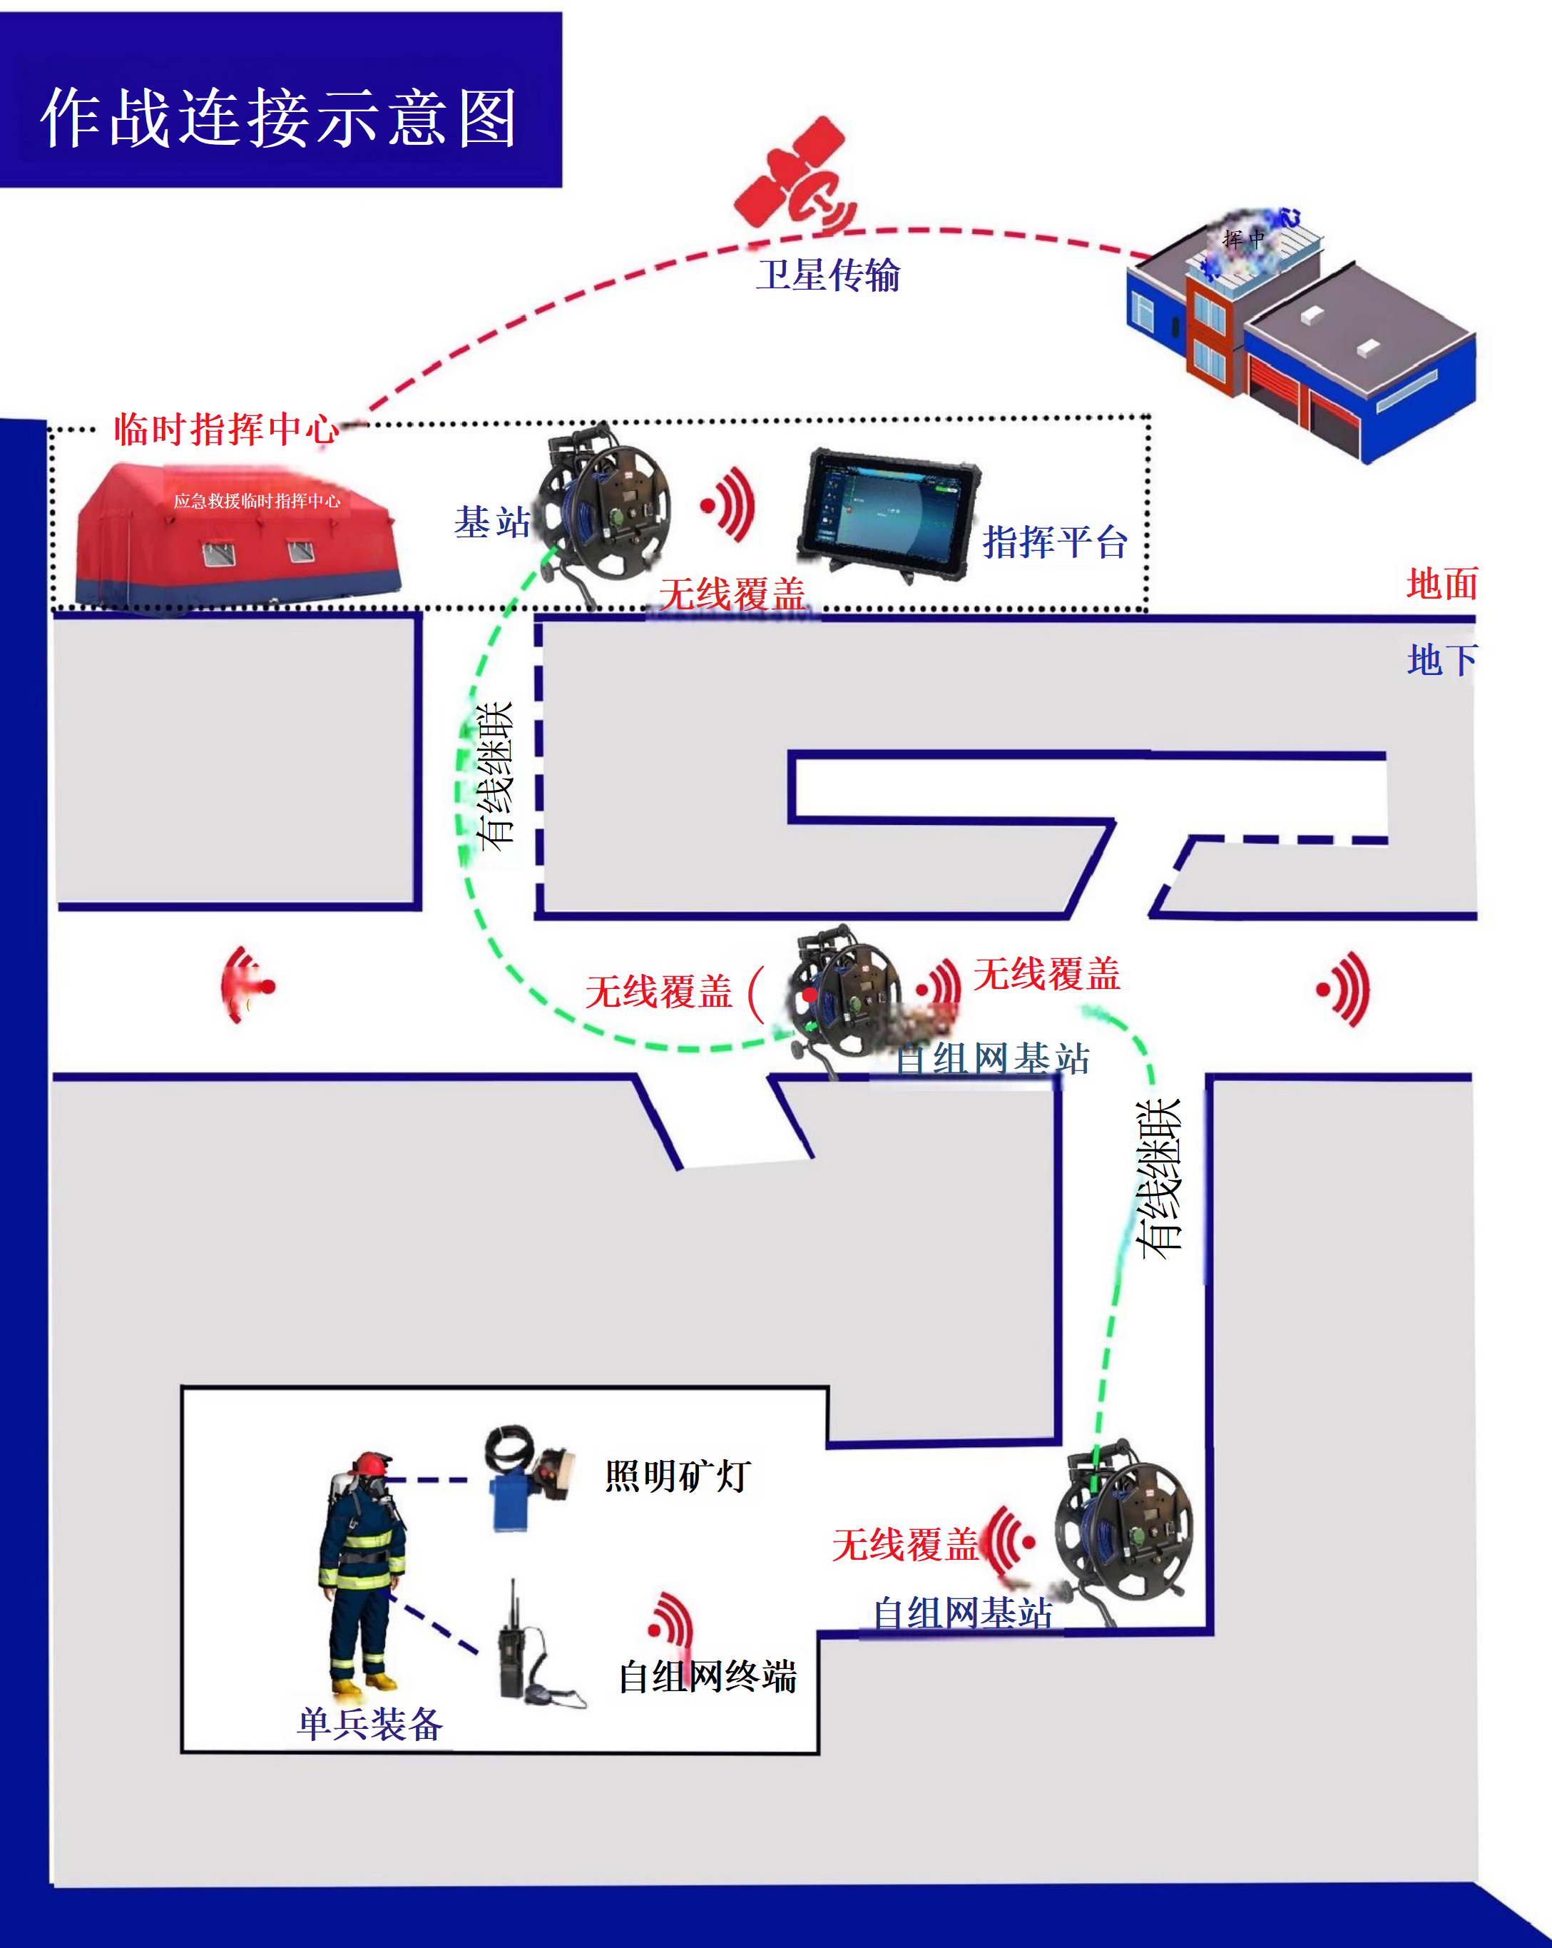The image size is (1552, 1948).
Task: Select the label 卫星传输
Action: click(827, 275)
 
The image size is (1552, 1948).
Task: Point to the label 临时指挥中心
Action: click(226, 428)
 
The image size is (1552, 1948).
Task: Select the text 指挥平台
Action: click(1054, 542)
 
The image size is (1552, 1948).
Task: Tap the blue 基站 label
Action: click(491, 522)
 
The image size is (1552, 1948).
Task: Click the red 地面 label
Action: click(1441, 584)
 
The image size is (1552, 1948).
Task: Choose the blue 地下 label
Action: click(1441, 661)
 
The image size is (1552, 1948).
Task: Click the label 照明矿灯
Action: click(678, 1476)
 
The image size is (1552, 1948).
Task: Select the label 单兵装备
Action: click(369, 1724)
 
